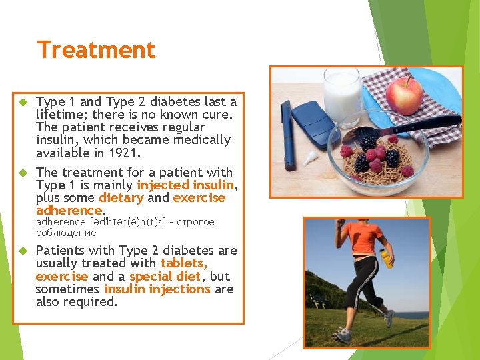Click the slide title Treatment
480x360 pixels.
click(96, 50)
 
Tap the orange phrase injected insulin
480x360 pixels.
click(185, 185)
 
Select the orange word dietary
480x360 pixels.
click(121, 198)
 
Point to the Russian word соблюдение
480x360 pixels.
click(66, 233)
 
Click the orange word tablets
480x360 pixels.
click(184, 263)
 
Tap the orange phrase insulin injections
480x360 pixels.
click(157, 289)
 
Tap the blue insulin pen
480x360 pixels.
click(288, 133)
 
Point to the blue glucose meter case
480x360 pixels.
click(314, 123)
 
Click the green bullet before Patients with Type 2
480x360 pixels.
click(21, 251)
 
